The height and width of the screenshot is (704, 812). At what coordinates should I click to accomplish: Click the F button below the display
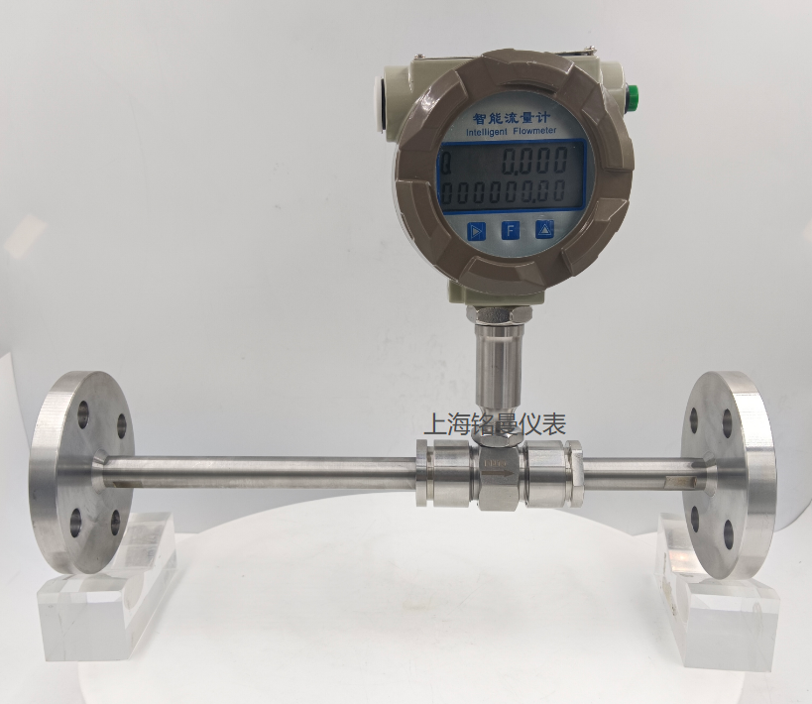[x=511, y=230]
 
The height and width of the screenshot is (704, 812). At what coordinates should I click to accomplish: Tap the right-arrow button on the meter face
[x=475, y=231]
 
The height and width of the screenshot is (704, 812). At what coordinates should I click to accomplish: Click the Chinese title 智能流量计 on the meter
[x=512, y=117]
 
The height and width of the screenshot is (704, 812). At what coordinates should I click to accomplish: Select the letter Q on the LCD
[x=445, y=164]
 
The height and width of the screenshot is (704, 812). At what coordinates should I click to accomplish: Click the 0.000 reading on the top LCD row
[x=536, y=160]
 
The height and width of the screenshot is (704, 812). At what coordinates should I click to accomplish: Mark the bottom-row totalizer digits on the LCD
[x=503, y=192]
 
